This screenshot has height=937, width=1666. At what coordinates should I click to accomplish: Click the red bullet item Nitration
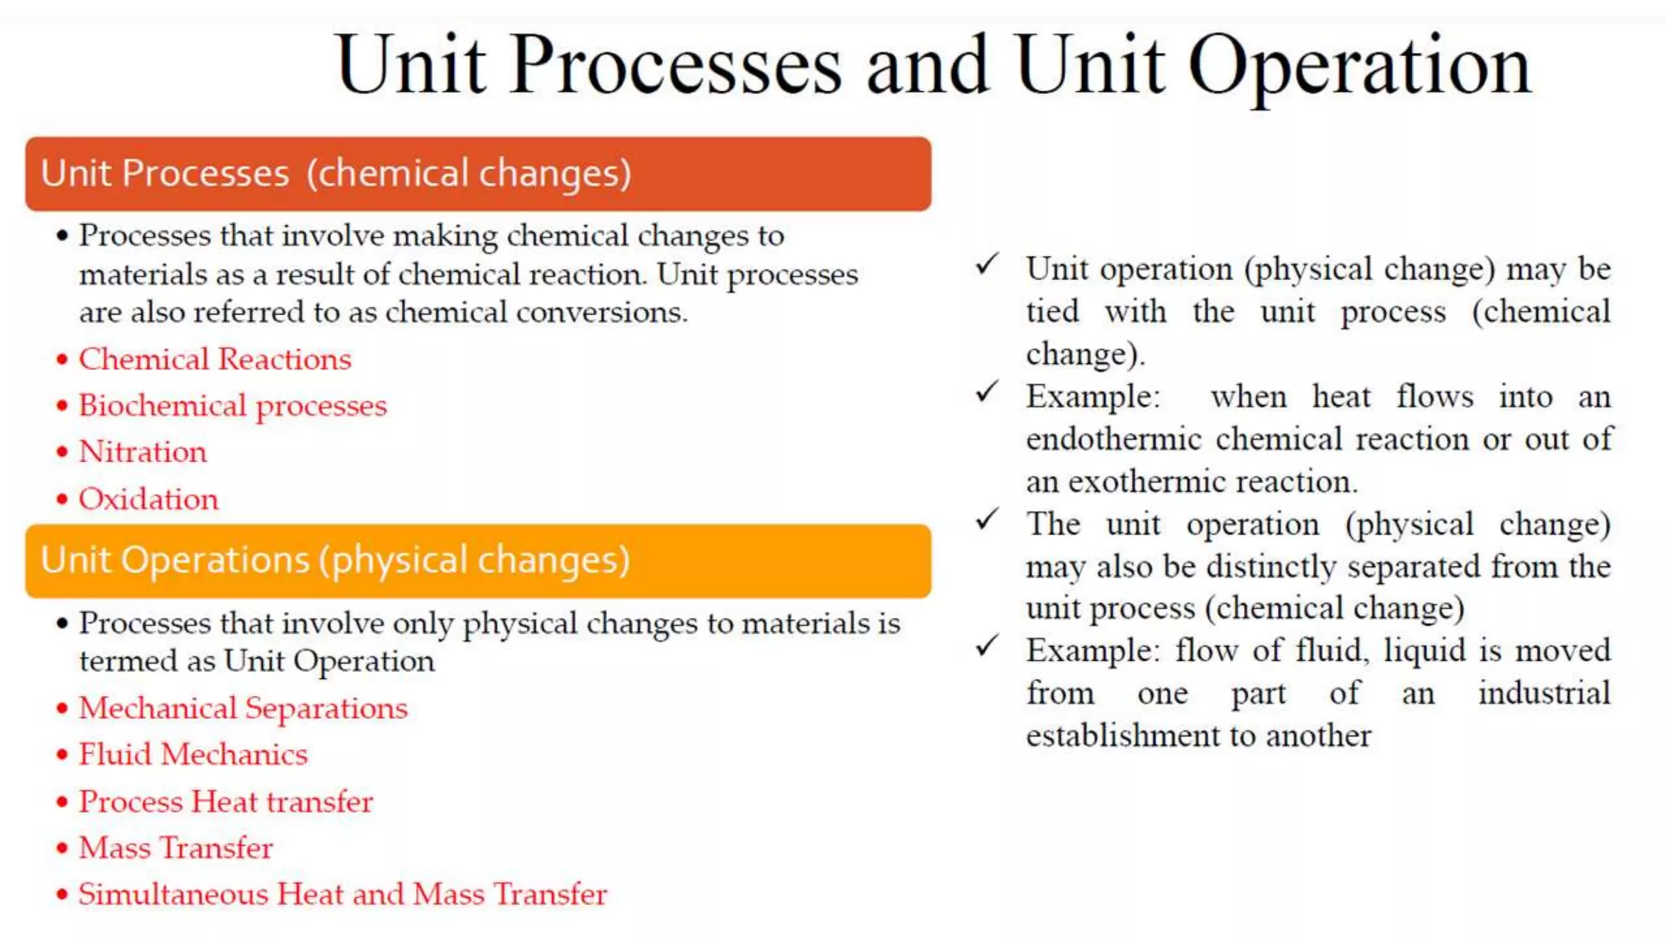[x=142, y=452]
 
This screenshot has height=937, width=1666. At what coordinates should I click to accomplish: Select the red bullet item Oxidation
[x=148, y=499]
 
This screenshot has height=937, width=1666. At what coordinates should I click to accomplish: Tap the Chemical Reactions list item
[x=215, y=360]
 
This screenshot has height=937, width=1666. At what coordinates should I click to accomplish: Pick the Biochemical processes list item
[x=233, y=406]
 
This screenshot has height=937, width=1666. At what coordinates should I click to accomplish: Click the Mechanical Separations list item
[x=243, y=708]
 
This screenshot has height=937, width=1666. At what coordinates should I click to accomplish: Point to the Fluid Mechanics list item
[x=193, y=755]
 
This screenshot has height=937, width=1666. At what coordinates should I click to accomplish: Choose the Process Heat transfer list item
[x=225, y=802]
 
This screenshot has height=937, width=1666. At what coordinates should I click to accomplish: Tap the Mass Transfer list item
[x=176, y=848]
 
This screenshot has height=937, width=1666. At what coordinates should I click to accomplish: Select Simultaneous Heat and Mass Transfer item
[x=342, y=895]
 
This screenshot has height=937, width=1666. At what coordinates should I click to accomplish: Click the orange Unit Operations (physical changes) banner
[x=478, y=561]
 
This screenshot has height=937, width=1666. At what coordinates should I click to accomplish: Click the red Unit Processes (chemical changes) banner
[x=478, y=174]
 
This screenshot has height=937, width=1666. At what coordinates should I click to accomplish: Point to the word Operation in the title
[x=1359, y=67]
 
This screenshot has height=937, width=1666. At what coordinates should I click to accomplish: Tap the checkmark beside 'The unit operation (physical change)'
[x=987, y=519]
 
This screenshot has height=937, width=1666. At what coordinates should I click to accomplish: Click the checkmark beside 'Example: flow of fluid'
[x=987, y=646]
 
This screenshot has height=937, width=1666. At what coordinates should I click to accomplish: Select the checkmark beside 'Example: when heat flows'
[x=987, y=392]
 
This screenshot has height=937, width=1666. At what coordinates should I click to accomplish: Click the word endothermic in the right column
[x=1114, y=440]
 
